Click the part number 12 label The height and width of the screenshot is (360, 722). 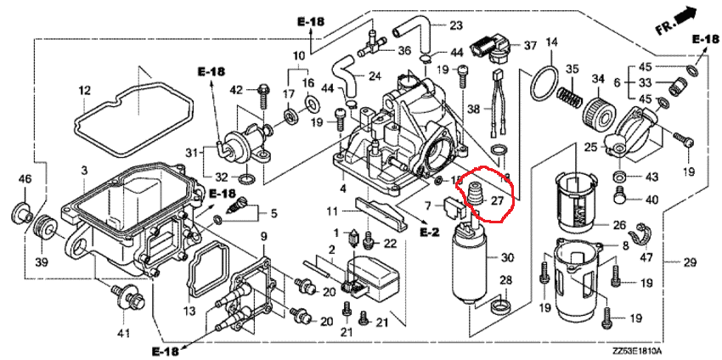click(x=84, y=90)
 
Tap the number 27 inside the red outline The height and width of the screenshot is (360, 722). click(x=498, y=201)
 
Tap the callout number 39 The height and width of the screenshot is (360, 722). click(x=41, y=258)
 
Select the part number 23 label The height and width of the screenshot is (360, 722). click(x=455, y=25)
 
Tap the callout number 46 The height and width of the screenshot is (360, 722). click(x=24, y=179)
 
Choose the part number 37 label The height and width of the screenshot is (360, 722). click(x=530, y=44)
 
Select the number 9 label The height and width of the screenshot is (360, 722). click(x=263, y=235)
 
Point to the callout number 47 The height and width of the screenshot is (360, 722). click(x=647, y=256)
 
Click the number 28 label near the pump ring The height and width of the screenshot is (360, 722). click(x=505, y=280)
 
